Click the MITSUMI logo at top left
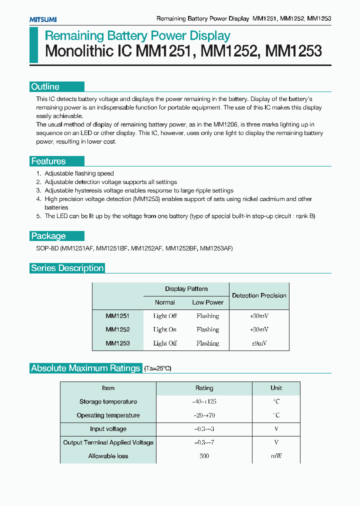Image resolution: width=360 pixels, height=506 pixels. click(x=42, y=19)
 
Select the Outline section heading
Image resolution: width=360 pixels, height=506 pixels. click(x=45, y=86)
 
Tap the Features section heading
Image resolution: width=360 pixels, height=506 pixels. click(x=48, y=161)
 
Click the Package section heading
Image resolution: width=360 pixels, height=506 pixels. click(x=48, y=236)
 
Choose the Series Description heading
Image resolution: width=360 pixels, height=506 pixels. click(x=67, y=268)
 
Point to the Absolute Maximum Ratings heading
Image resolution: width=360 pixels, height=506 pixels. click(x=85, y=368)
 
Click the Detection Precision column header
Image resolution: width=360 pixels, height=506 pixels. click(x=259, y=295)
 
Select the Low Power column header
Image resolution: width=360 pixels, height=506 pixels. click(x=207, y=302)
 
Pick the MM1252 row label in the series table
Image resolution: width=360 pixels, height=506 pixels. click(x=117, y=329)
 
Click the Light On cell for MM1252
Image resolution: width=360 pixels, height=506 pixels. click(x=165, y=329)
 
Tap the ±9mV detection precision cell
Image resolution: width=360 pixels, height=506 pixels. click(x=259, y=343)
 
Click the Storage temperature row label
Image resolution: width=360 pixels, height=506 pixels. click(x=108, y=401)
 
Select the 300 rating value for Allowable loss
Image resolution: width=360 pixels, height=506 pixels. click(x=204, y=456)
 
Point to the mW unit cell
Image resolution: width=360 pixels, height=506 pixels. click(x=276, y=456)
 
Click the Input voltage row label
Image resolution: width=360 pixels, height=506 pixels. click(x=108, y=429)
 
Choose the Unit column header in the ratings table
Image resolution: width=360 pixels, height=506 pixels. click(x=276, y=388)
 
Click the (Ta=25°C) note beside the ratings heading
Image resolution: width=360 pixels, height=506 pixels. click(x=157, y=368)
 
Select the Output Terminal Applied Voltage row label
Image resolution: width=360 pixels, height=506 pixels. click(x=108, y=442)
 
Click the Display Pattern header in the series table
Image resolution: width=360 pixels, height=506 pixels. click(x=186, y=289)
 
